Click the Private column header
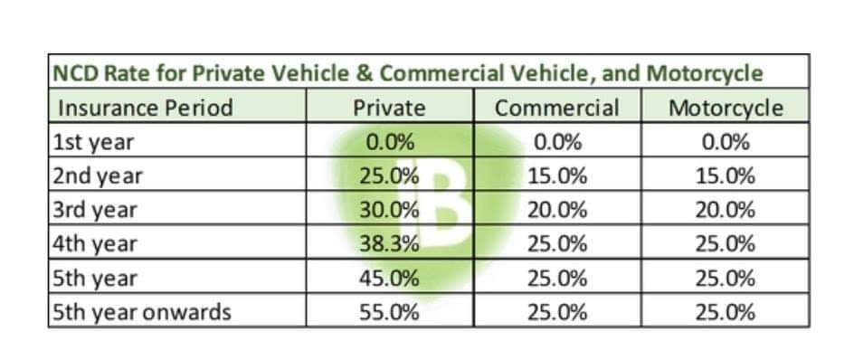click(389, 108)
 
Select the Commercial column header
click(556, 108)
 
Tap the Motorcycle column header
click(726, 108)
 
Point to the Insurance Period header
click(146, 108)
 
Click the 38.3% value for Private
click(389, 244)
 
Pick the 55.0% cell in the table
click(389, 312)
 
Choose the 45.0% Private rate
click(389, 279)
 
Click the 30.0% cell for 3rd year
click(389, 210)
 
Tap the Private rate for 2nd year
click(389, 176)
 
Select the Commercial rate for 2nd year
click(556, 176)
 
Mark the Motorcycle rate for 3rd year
click(725, 210)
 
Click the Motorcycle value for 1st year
click(725, 143)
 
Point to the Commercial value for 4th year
click(556, 244)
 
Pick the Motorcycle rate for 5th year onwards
click(725, 312)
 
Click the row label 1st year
click(93, 143)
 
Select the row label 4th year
click(95, 245)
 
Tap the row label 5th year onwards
click(142, 313)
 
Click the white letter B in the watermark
click(439, 204)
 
